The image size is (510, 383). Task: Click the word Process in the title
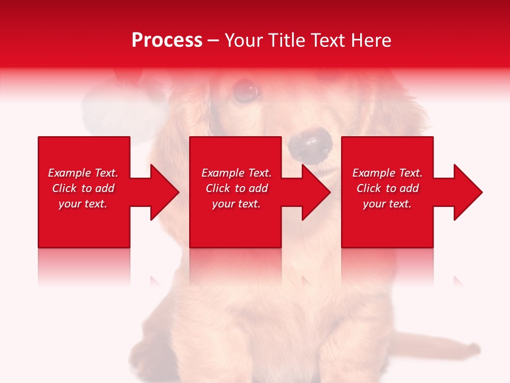(x=167, y=40)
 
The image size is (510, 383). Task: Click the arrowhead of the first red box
(x=163, y=192)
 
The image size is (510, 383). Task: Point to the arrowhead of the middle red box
(x=314, y=192)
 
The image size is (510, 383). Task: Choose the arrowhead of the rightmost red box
(x=466, y=192)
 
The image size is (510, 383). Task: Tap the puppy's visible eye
(x=245, y=90)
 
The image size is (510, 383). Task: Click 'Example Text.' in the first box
(x=83, y=173)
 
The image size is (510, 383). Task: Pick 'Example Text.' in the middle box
(x=236, y=173)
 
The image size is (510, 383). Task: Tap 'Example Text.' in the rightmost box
(x=387, y=173)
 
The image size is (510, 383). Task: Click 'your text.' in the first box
(x=83, y=204)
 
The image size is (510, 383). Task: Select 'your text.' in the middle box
(x=236, y=204)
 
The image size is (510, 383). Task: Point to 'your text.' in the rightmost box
(x=387, y=204)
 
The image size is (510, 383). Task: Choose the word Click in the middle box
(x=218, y=188)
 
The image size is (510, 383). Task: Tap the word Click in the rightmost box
(x=369, y=188)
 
